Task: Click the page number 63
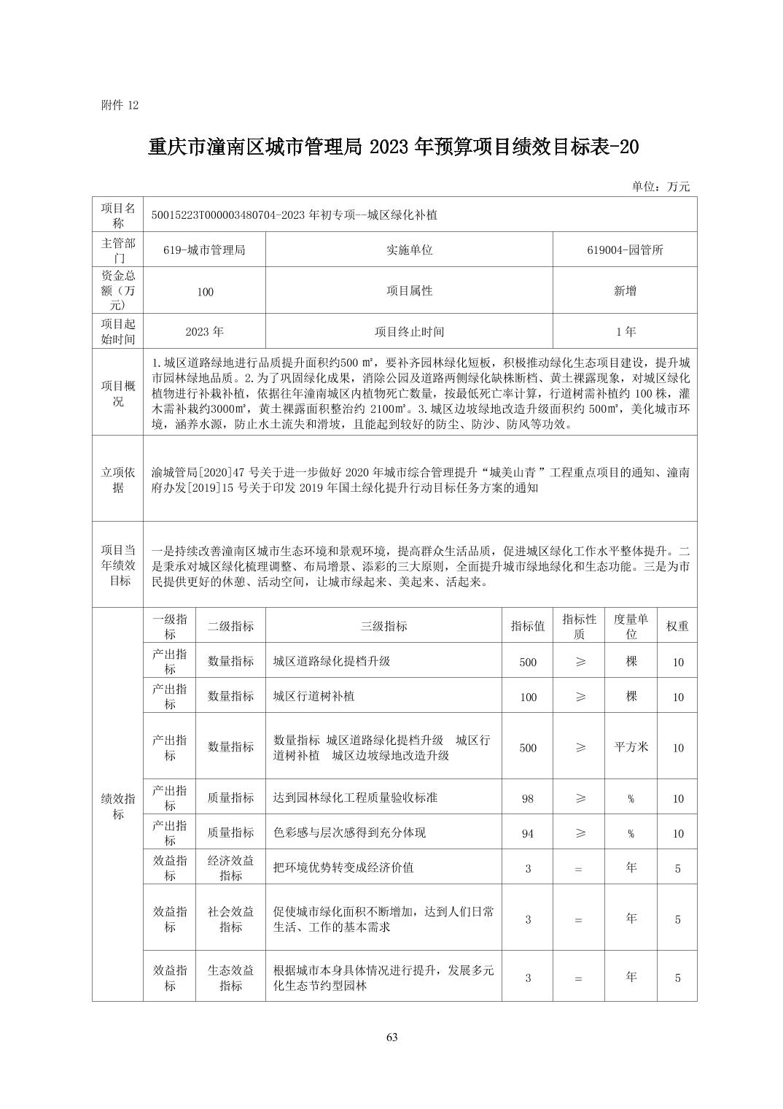pyautogui.click(x=391, y=1037)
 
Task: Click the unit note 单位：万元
pyautogui.click(x=661, y=187)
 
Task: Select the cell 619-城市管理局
pyautogui.click(x=204, y=250)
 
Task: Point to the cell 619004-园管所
pyautogui.click(x=625, y=250)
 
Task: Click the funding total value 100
pyautogui.click(x=205, y=292)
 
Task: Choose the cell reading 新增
pyautogui.click(x=625, y=291)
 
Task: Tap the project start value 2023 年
pyautogui.click(x=204, y=332)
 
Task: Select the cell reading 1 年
pyautogui.click(x=625, y=332)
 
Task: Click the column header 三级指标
pyautogui.click(x=383, y=626)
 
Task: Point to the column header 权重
pyautogui.click(x=677, y=626)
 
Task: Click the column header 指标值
pyautogui.click(x=528, y=626)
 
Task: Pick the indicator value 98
pyautogui.click(x=528, y=799)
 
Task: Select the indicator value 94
pyautogui.click(x=528, y=833)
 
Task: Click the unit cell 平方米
pyautogui.click(x=631, y=747)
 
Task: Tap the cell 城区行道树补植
pyautogui.click(x=313, y=696)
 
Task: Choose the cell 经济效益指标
pyautogui.click(x=230, y=868)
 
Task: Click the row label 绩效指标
pyautogui.click(x=118, y=806)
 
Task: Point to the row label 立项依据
pyautogui.click(x=118, y=480)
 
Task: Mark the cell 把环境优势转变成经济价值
pyautogui.click(x=343, y=868)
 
